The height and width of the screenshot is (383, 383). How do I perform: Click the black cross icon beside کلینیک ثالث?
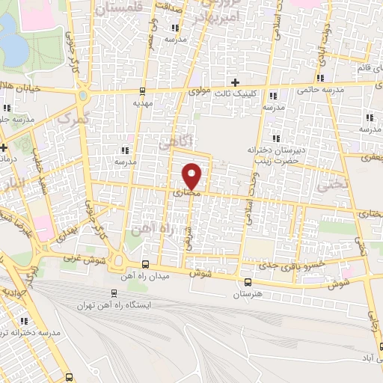pyautogui.click(x=236, y=82)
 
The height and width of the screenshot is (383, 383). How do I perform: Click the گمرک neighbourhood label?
pyautogui.click(x=73, y=120)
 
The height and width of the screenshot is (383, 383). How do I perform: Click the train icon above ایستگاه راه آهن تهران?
pyautogui.click(x=114, y=293)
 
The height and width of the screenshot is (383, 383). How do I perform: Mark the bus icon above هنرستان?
pyautogui.click(x=248, y=281)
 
